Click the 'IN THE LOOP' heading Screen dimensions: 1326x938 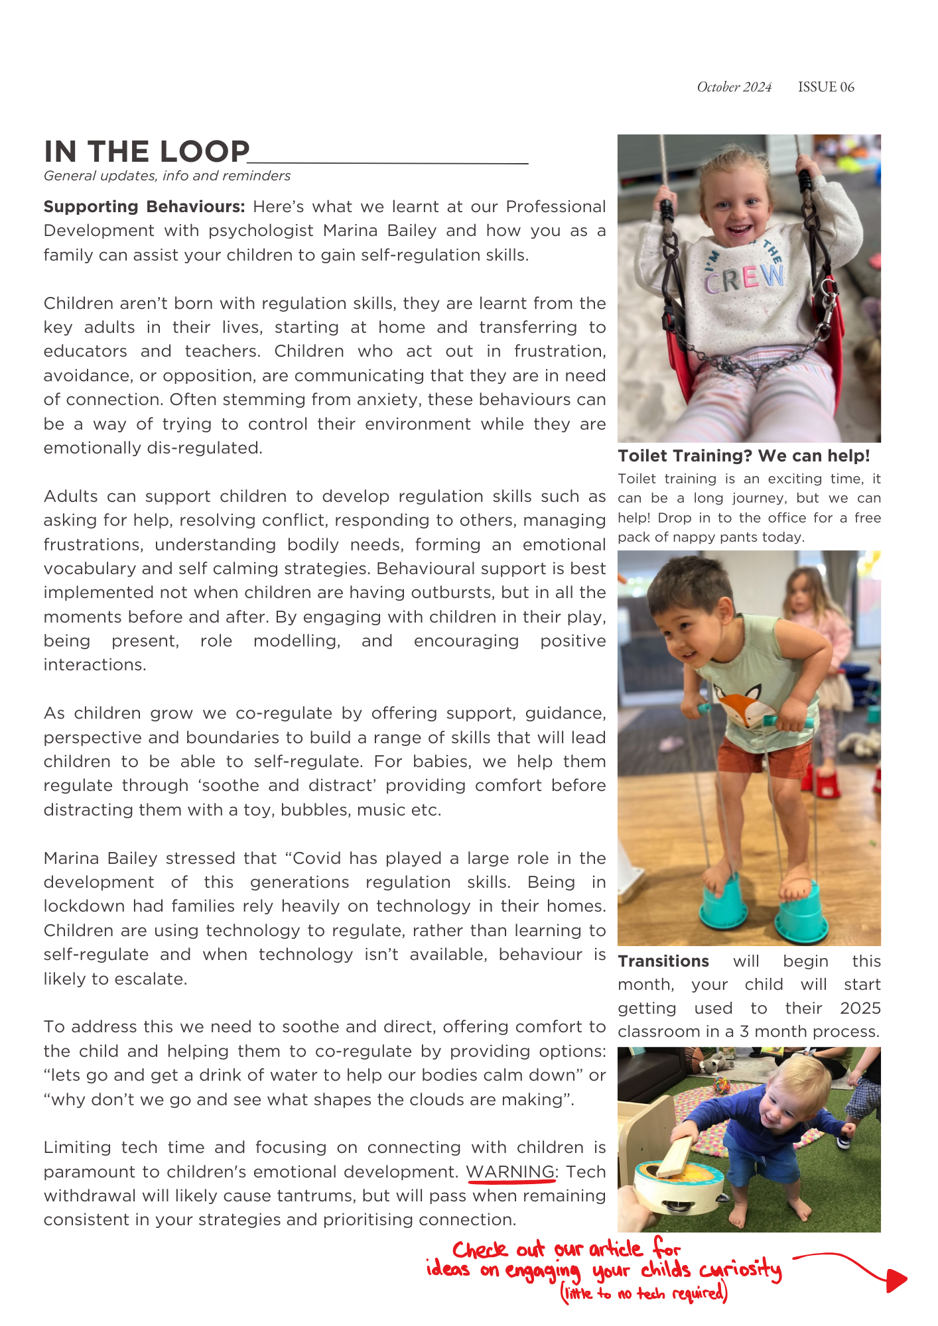(147, 152)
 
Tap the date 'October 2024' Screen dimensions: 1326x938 (734, 87)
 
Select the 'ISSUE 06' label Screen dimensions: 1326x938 (826, 87)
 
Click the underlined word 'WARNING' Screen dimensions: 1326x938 (510, 1172)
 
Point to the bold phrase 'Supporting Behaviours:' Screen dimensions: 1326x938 (144, 207)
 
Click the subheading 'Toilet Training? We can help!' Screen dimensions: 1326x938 (744, 456)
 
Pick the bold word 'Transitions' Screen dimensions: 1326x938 (663, 961)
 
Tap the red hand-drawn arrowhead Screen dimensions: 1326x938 (896, 1280)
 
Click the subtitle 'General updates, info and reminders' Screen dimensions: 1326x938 (167, 176)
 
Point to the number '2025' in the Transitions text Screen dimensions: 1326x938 (860, 1008)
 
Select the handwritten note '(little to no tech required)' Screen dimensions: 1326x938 (644, 1294)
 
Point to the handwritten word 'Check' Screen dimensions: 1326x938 (480, 1250)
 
